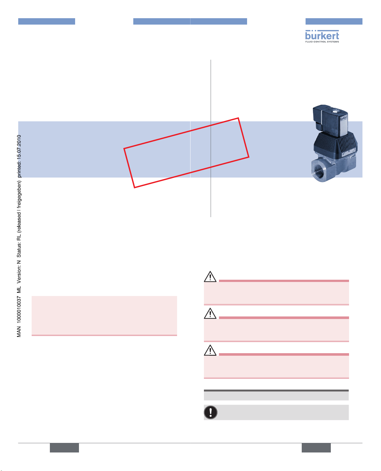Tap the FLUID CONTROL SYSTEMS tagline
(x=322, y=42)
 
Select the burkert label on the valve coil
(x=343, y=118)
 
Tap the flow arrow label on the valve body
(x=343, y=154)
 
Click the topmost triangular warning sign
(x=210, y=277)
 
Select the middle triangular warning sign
(x=210, y=313)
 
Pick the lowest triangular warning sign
(x=210, y=350)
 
